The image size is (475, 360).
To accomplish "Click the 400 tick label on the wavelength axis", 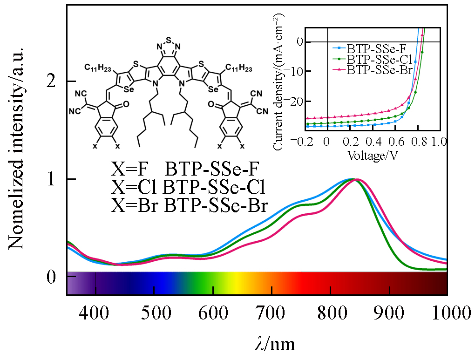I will click(95, 311).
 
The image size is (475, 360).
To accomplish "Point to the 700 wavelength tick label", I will click(271, 311).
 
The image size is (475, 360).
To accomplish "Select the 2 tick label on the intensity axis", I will click(55, 82).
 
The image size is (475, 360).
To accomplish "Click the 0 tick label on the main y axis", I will click(55, 277).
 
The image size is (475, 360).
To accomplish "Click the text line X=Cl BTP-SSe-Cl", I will click(188, 187).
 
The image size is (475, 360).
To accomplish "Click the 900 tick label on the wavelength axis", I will click(390, 311).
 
